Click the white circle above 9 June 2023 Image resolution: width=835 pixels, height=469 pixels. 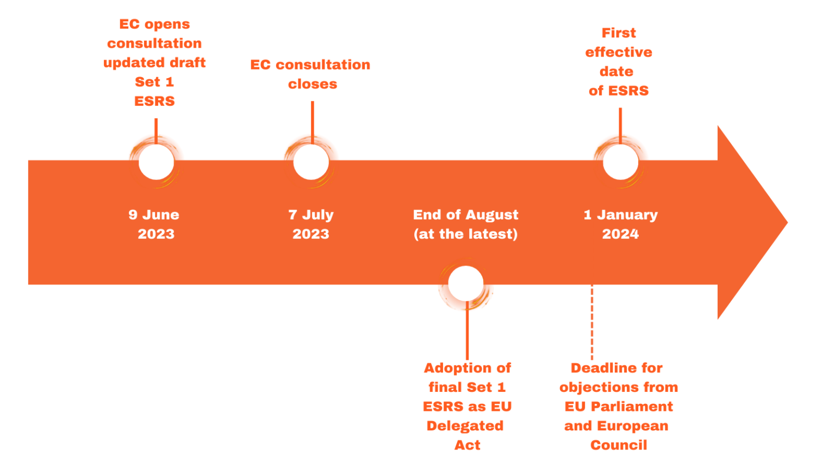point(156,162)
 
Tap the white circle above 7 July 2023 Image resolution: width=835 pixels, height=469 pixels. point(311,162)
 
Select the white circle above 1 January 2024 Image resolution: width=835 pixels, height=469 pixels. point(620,162)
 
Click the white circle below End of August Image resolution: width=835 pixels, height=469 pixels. point(466,283)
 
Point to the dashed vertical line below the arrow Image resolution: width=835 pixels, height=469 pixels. point(592,323)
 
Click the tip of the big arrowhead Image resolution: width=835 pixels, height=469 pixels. point(786,221)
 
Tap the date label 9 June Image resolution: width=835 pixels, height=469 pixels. point(154,215)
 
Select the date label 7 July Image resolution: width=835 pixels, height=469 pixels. point(311,215)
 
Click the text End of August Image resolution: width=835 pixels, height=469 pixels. point(466,215)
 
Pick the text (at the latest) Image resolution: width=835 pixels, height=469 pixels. point(466,234)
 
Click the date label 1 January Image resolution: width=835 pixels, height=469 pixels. point(620,215)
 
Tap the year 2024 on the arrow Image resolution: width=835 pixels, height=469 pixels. point(620,234)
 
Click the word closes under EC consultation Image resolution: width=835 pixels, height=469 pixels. point(313,84)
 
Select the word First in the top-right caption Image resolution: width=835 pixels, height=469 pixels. point(619,33)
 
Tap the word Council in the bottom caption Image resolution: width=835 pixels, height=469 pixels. point(619,445)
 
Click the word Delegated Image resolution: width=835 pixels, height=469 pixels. point(465,426)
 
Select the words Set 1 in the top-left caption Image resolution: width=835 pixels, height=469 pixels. point(154,82)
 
